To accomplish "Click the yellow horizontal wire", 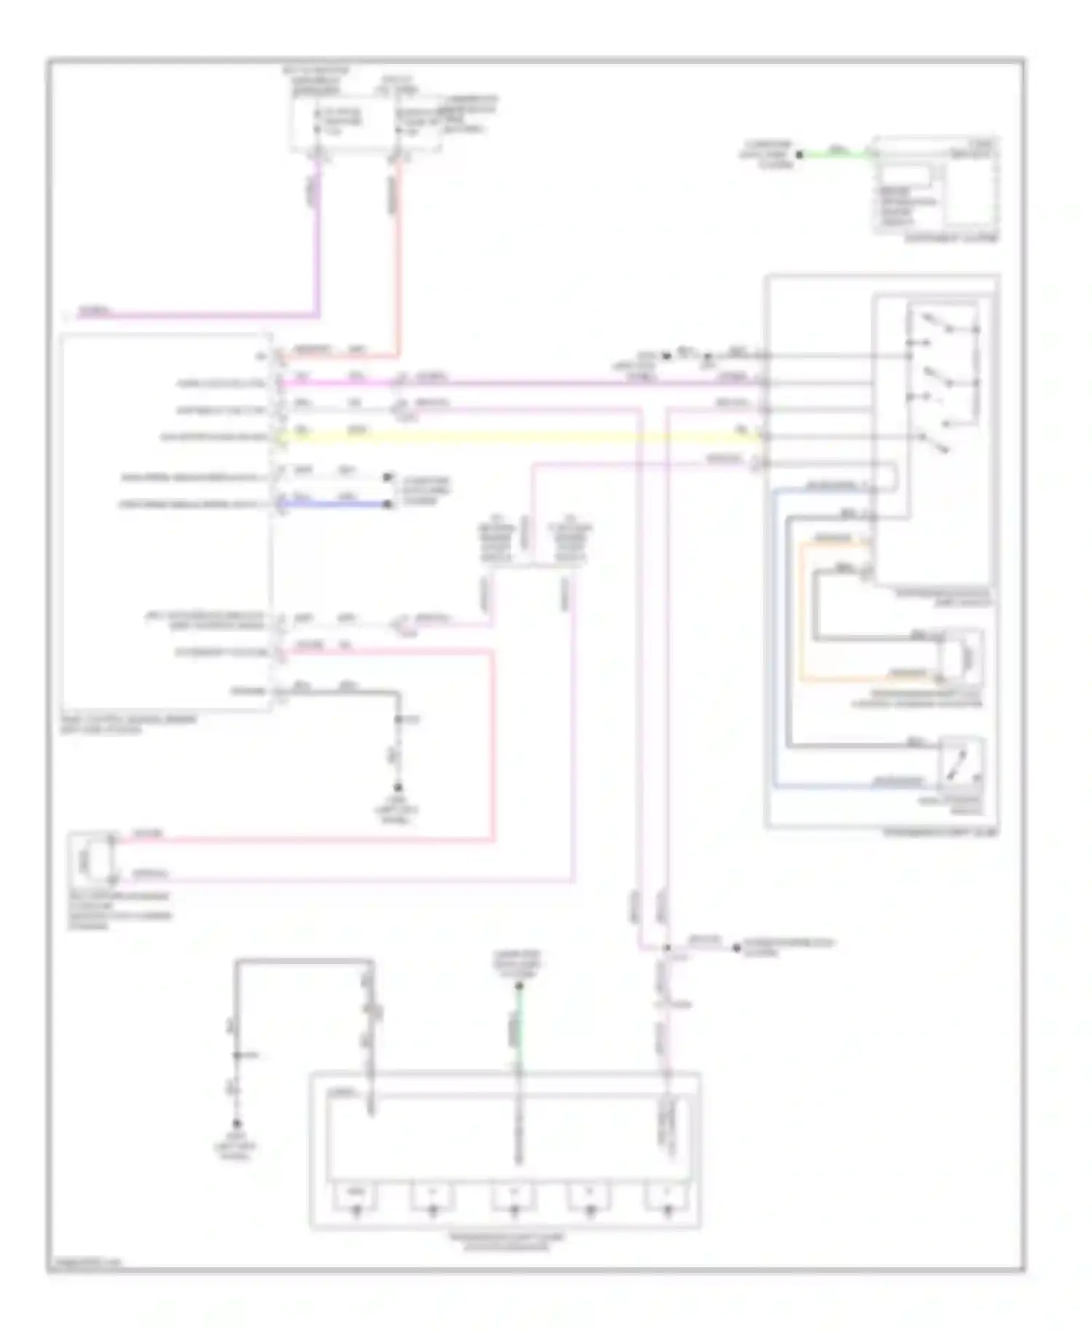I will tap(510, 437).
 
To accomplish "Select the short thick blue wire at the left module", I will tap(335, 504).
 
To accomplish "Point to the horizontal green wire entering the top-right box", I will tap(837, 154).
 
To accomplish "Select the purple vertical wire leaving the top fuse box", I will tap(317, 233).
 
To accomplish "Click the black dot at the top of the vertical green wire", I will tap(519, 987).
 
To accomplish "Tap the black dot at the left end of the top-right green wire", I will tap(799, 154).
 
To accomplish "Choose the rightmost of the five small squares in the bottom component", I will tap(668, 1197).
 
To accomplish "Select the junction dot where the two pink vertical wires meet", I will tap(667, 948).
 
